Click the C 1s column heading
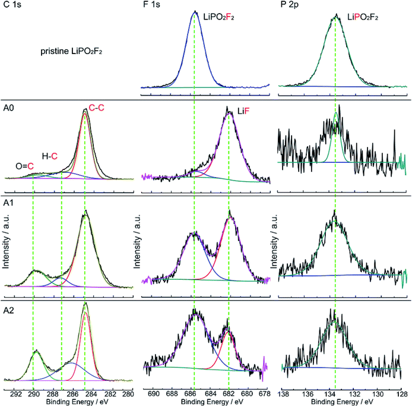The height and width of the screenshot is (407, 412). click(x=12, y=5)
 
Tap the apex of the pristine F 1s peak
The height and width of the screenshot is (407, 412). click(x=195, y=11)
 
